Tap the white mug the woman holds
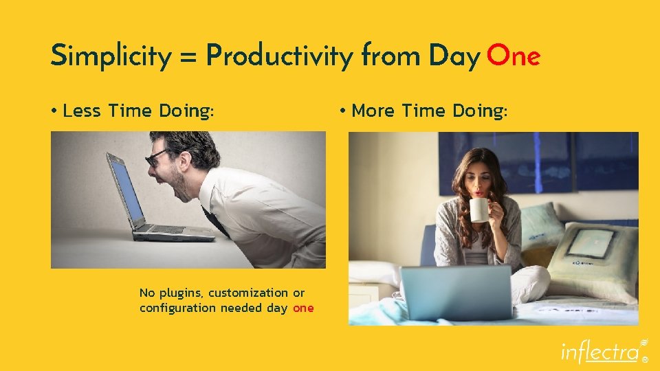point(479,208)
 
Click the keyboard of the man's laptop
point(165,229)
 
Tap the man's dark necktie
point(219,223)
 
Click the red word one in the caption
point(303,308)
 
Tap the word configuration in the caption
point(177,308)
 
